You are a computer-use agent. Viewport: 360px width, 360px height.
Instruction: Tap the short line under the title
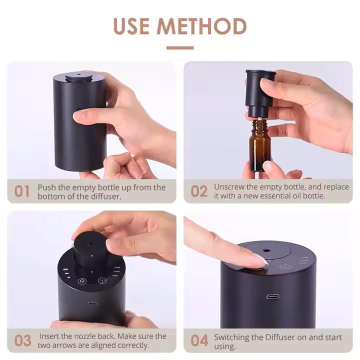click(x=180, y=48)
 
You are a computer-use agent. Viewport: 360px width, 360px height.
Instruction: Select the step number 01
click(x=22, y=191)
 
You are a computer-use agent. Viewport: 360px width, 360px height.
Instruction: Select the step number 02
click(x=199, y=191)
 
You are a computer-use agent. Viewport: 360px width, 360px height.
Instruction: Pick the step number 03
click(x=22, y=340)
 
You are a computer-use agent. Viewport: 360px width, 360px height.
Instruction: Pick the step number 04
click(x=199, y=340)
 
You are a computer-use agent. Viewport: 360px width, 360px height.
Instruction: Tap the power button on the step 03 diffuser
click(x=82, y=281)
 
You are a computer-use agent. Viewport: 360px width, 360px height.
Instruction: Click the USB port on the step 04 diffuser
click(x=273, y=296)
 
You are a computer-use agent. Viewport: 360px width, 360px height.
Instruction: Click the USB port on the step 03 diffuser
click(x=92, y=303)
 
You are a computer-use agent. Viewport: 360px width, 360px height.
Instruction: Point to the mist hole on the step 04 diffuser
click(x=266, y=250)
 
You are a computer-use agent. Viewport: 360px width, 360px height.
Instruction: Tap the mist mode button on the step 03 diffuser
click(x=102, y=280)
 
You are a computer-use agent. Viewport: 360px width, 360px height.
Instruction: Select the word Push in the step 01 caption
click(x=47, y=187)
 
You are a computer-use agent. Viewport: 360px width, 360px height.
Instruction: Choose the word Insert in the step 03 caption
click(x=49, y=336)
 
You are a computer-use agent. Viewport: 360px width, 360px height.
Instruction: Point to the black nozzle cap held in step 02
click(x=260, y=93)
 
